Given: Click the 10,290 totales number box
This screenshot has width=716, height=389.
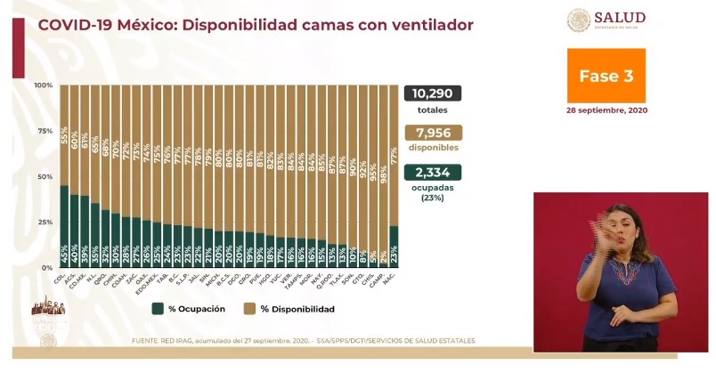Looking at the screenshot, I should [x=432, y=93].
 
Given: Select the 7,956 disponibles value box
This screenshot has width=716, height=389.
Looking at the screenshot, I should [x=432, y=134].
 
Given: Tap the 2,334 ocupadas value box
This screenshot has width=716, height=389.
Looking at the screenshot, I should [x=432, y=174].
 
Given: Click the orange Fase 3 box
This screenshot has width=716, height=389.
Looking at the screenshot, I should [x=606, y=76].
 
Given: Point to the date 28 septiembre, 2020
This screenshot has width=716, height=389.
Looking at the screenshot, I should [x=606, y=110].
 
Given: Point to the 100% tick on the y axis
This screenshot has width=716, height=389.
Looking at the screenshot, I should [x=44, y=85].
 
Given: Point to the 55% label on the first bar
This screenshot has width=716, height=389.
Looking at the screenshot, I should [x=64, y=135].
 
